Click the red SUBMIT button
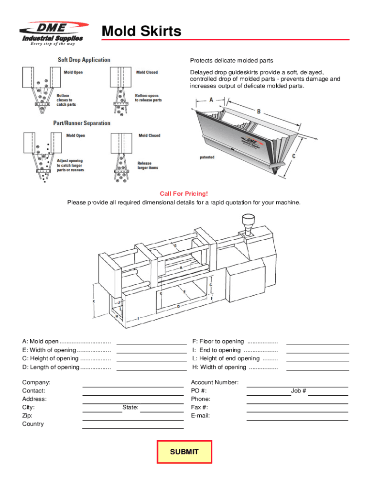[184, 452]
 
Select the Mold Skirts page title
[141, 32]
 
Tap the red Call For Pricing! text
[184, 194]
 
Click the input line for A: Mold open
[152, 341]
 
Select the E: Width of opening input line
[152, 350]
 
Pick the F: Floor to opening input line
[317, 341]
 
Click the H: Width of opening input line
[317, 367]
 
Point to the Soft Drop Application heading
[84, 60]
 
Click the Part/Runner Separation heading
[82, 123]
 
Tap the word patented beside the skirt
[207, 157]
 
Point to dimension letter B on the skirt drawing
[259, 111]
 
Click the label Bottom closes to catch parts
[66, 100]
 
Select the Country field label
[33, 424]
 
